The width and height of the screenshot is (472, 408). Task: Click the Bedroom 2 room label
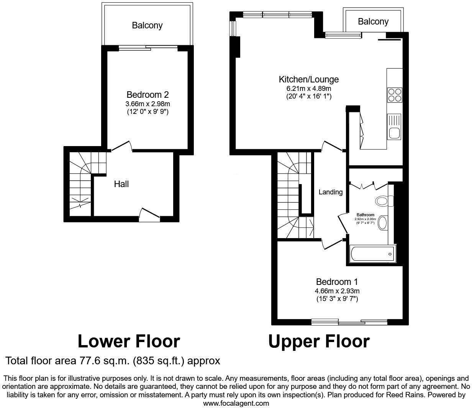[147, 95]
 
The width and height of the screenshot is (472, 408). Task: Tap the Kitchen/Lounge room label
[308, 79]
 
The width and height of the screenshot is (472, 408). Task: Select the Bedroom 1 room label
[337, 282]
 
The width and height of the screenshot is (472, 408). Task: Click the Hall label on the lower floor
[121, 184]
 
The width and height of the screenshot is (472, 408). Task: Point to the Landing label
[330, 192]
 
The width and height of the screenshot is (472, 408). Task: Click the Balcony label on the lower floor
[147, 25]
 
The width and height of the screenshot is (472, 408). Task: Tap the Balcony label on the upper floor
[373, 21]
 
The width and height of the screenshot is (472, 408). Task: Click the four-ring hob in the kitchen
[395, 95]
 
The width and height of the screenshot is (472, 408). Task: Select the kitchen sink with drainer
[394, 127]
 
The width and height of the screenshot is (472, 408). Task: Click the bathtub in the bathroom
[373, 254]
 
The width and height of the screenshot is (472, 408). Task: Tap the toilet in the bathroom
[383, 201]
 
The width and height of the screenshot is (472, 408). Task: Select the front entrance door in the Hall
[150, 214]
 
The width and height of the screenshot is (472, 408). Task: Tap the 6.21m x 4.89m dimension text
[308, 89]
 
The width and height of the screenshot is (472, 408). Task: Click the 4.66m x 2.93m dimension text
[337, 291]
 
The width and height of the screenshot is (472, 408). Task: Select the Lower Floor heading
[129, 341]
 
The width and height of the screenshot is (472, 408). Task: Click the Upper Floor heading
[318, 341]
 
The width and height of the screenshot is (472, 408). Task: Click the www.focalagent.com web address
[236, 403]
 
